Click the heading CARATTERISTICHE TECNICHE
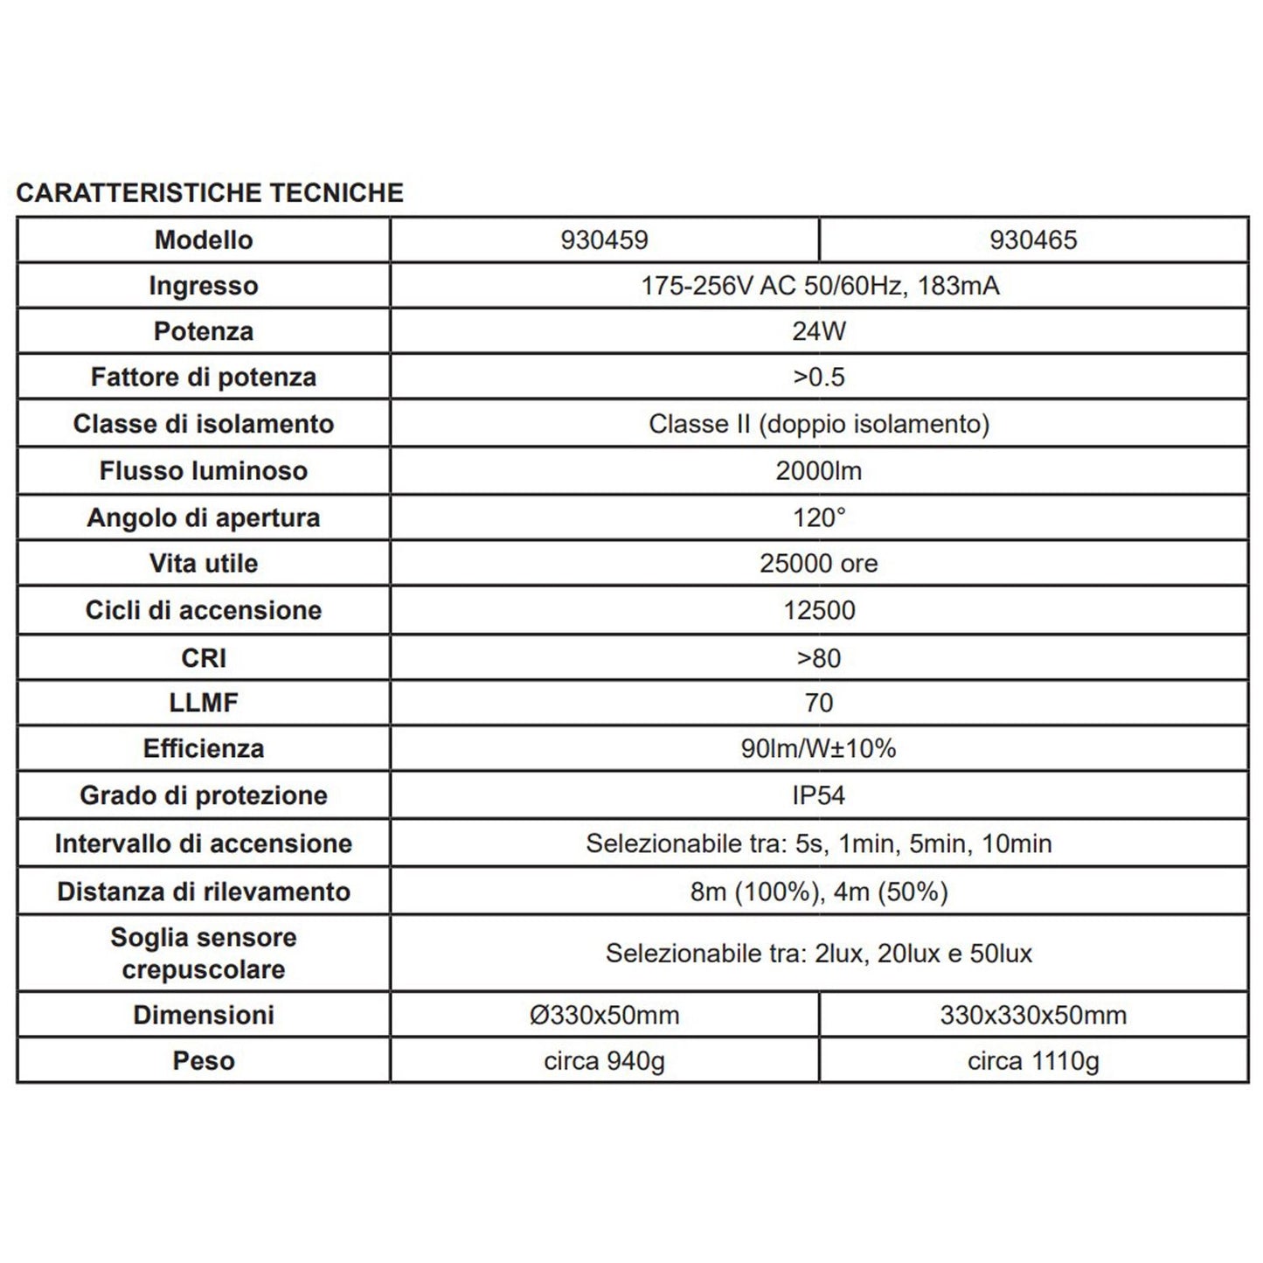pos(210,192)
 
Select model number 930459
pos(604,240)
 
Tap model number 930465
pos(1033,240)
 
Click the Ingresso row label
pos(204,286)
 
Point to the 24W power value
pos(819,331)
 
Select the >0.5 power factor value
pos(819,378)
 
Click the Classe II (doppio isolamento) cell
pos(819,424)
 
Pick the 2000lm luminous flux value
pos(819,471)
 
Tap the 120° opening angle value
pos(819,517)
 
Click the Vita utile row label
pos(204,564)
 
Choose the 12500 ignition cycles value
pos(819,610)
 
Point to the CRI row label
pos(204,657)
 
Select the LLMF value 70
pos(819,703)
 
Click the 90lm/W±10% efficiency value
pos(819,749)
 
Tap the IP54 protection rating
pos(819,795)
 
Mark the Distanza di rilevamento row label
pos(204,892)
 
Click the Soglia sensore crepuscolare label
pos(204,953)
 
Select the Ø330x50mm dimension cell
pos(604,1015)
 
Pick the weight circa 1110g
pos(1033,1061)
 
